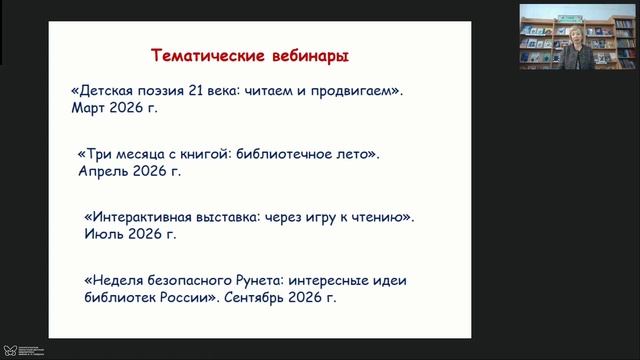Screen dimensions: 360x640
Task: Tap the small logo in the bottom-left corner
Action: [x=9, y=351]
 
